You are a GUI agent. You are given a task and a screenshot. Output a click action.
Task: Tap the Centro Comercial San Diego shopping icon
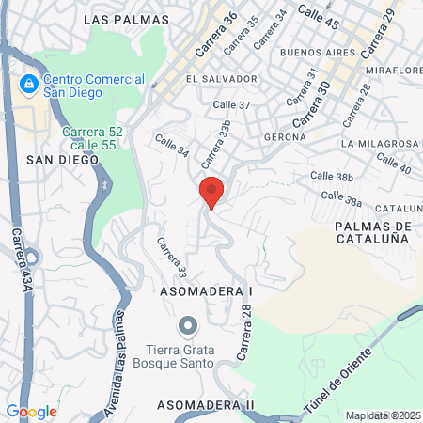[29, 85]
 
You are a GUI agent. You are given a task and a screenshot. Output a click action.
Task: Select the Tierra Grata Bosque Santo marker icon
[188, 326]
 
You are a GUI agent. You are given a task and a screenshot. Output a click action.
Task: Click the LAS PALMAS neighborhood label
[126, 19]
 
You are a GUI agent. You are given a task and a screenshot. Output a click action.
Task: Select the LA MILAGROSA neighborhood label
[380, 144]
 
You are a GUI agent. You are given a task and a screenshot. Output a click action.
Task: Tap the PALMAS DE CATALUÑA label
[373, 233]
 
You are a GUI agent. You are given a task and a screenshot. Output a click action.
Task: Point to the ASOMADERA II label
[205, 404]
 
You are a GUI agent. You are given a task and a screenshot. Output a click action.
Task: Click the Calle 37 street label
[231, 105]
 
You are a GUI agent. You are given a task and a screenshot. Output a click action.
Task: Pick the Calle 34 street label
[170, 150]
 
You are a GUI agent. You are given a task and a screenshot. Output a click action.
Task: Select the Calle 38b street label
[331, 176]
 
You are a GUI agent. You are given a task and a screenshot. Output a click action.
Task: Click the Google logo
[31, 412]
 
